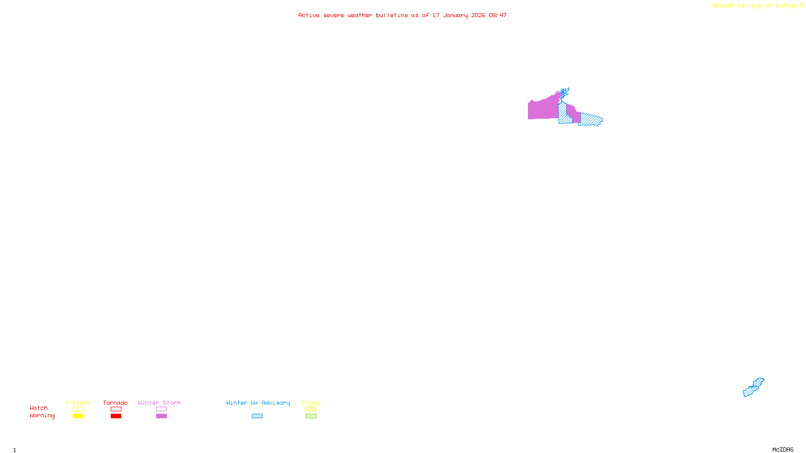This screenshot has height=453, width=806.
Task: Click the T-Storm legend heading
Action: [78, 403]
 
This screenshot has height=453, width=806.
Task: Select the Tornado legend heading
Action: [115, 403]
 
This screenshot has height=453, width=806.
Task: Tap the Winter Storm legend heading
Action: [159, 403]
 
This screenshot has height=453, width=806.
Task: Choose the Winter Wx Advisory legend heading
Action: [258, 403]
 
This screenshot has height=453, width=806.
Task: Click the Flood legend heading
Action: [311, 403]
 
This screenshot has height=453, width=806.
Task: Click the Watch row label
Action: [39, 408]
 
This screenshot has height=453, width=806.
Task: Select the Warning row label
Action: [42, 416]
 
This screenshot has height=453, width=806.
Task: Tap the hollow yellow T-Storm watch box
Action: [78, 409]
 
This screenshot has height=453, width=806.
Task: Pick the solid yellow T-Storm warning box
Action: [78, 416]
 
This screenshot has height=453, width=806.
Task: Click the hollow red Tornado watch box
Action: [116, 409]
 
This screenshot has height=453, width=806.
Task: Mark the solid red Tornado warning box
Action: [116, 416]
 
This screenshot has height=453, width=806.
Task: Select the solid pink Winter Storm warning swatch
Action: [161, 416]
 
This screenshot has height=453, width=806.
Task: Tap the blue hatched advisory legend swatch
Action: [257, 416]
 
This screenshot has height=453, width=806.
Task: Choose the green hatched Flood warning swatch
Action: [311, 416]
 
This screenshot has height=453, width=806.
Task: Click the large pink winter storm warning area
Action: [543, 108]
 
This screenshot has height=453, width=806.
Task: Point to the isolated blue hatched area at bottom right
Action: [753, 388]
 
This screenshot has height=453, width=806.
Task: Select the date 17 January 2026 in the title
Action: [458, 15]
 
